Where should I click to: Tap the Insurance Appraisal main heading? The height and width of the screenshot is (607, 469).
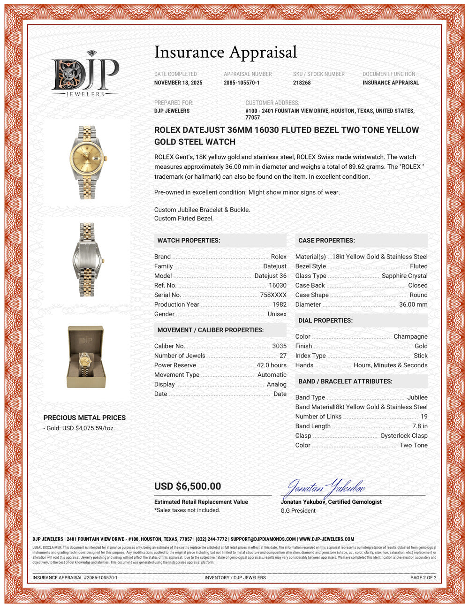pos(226,52)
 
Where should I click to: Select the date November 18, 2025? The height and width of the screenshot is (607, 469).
pos(178,83)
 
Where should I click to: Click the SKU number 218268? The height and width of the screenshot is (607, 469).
pos(302,83)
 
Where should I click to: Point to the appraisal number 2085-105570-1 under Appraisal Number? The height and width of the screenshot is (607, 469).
pos(242,83)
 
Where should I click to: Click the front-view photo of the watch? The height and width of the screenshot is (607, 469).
pos(87,162)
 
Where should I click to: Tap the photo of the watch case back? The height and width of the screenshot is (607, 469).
pos(87,259)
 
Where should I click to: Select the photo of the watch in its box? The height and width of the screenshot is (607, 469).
pos(87,357)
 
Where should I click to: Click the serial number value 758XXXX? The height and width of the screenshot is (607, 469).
pos(273,295)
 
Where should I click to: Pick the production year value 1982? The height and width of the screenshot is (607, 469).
pos(279,304)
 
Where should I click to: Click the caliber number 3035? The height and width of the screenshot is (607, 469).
pos(279,346)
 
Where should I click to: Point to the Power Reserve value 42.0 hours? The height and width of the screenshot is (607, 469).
pos(271,365)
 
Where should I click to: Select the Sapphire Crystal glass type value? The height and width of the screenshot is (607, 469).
pos(404,276)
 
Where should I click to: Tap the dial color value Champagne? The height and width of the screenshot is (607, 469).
pos(410,336)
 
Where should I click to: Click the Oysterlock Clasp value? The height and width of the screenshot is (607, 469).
pos(404,436)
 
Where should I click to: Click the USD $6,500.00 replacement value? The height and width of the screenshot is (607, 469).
pos(188,486)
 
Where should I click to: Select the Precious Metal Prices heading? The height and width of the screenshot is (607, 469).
pos(84,417)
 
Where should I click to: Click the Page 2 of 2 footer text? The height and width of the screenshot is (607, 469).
pos(423,577)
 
